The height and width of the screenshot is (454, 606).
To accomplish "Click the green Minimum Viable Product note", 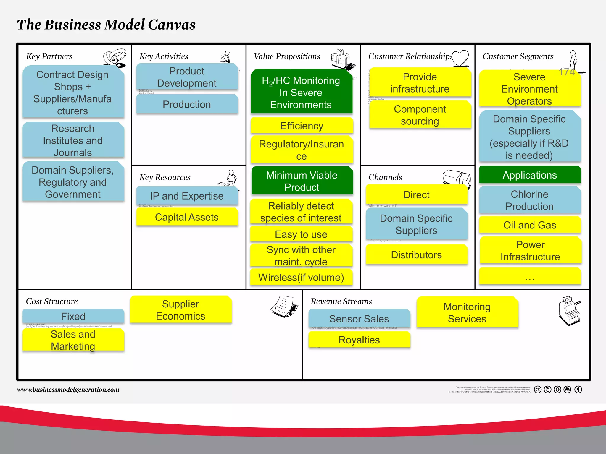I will click(x=302, y=181).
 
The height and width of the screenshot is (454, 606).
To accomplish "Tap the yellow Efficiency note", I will click(x=302, y=126).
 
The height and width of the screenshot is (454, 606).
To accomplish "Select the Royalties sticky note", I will click(x=359, y=340).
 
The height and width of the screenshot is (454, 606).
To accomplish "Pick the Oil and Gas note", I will click(x=530, y=225).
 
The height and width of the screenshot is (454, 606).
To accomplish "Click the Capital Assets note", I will click(x=187, y=217).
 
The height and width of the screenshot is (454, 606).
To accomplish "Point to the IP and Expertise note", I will click(x=187, y=196).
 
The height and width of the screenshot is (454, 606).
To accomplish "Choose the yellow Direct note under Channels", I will click(x=416, y=195).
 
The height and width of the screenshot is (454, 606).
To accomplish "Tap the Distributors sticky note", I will click(x=416, y=255).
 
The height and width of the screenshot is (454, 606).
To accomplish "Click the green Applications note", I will click(x=530, y=175).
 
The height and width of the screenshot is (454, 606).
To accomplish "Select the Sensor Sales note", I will click(x=359, y=319).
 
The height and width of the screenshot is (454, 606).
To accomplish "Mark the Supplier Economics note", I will click(x=180, y=310).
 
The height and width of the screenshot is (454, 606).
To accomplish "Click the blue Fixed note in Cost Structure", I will click(x=73, y=316).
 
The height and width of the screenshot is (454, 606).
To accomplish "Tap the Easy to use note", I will click(x=301, y=234).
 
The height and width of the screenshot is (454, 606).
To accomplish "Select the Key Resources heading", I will click(x=165, y=177).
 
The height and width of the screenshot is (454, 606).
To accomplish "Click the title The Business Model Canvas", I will click(x=106, y=25).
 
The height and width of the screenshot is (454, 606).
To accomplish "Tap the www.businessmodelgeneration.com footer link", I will click(x=68, y=390).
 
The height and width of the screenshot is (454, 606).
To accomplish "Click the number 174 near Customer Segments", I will click(x=566, y=72).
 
